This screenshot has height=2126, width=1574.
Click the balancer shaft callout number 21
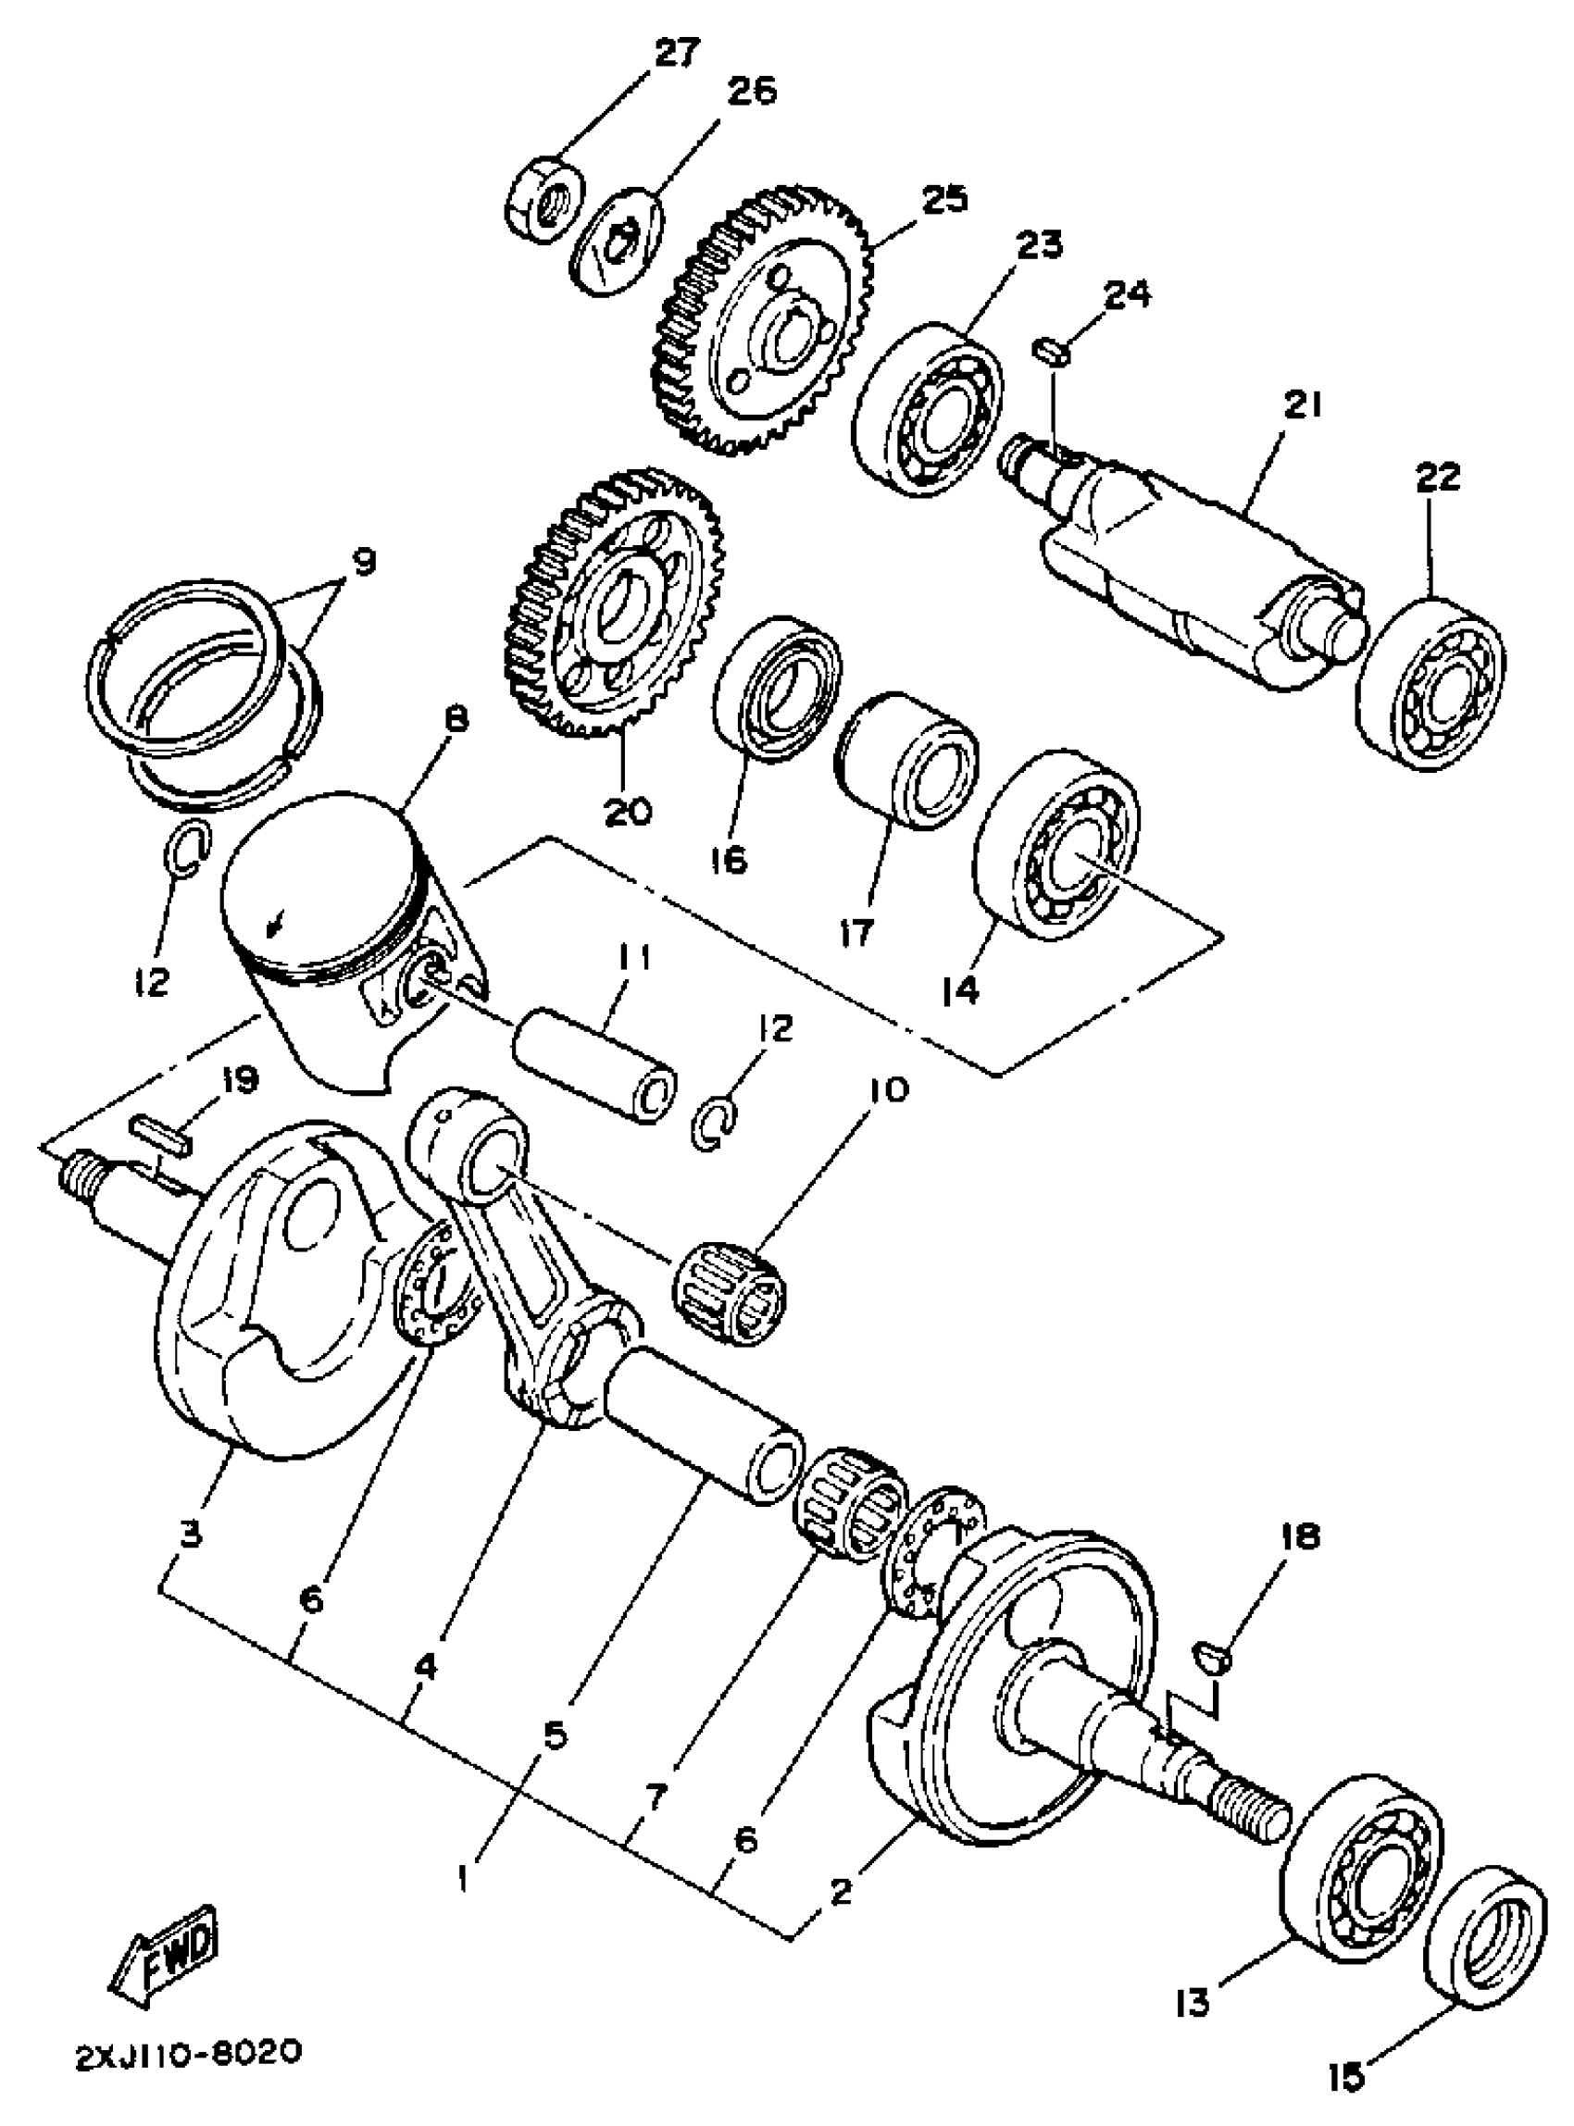click(x=1301, y=406)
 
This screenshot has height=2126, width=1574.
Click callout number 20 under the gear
click(x=627, y=812)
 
